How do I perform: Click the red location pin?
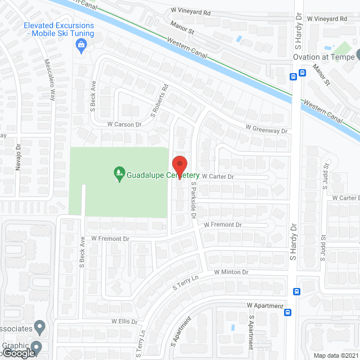click(x=179, y=166)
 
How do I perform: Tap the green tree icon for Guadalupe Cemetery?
click(x=119, y=175)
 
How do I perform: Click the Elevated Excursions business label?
click(x=58, y=30)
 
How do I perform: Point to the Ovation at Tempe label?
click(x=323, y=57)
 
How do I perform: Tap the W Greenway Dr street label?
click(x=266, y=129)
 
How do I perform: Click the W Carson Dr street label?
click(x=116, y=123)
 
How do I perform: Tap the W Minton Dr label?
click(x=231, y=272)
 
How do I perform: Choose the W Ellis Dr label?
click(x=120, y=321)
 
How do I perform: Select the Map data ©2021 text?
click(x=336, y=355)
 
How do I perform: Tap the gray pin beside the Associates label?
click(x=39, y=326)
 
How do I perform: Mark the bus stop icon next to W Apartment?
click(x=287, y=312)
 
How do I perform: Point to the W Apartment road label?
click(x=265, y=306)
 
